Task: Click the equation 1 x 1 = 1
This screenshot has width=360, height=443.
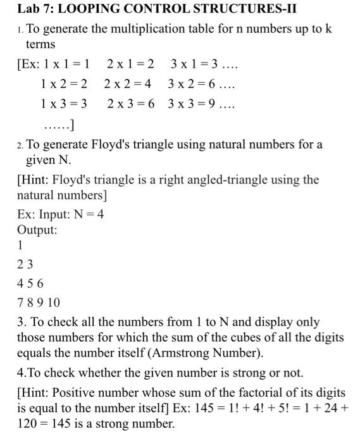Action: [65, 65]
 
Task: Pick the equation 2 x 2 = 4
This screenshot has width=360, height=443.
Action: [127, 84]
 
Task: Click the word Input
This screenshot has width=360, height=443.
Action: [51, 214]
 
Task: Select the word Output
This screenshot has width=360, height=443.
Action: [37, 230]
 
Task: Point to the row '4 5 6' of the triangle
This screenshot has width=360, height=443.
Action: [30, 283]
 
